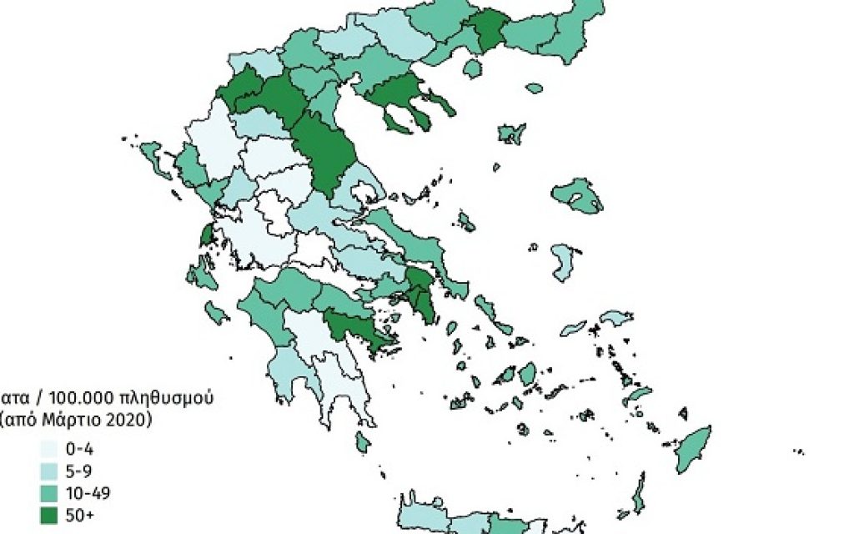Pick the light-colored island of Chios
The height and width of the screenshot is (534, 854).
pos(564,262)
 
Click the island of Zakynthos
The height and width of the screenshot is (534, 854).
pos(217,313)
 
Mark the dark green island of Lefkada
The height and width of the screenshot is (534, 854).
pos(206,234)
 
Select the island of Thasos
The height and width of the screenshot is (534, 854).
pos(474,68)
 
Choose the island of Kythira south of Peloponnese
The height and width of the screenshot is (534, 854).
pos(363,441)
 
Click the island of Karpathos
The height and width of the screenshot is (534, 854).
pos(640,492)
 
